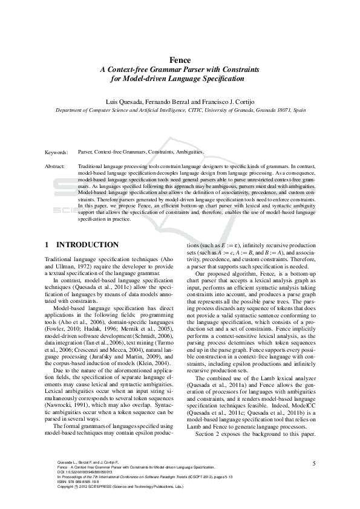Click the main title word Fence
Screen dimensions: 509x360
click(x=180, y=60)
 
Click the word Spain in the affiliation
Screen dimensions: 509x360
click(x=298, y=111)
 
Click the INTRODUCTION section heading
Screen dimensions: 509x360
click(x=87, y=245)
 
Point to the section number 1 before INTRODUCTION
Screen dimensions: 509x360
click(x=48, y=245)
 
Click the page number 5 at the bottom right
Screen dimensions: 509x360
click(x=315, y=463)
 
